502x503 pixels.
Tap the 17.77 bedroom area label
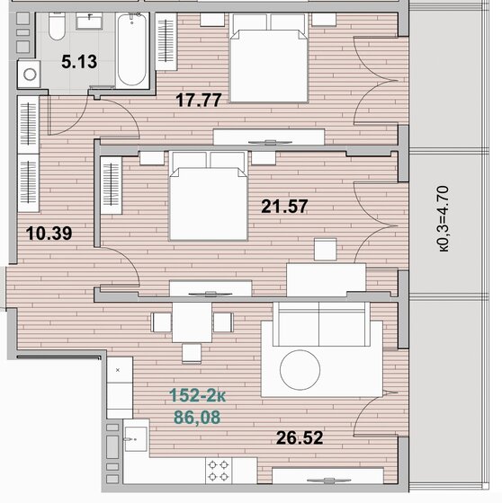(x=198, y=101)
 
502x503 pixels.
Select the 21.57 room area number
(x=284, y=206)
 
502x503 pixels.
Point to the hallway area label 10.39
(x=49, y=234)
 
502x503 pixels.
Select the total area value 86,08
(x=196, y=416)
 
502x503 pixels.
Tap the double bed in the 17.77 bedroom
(x=268, y=63)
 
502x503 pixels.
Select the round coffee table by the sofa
(x=299, y=367)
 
